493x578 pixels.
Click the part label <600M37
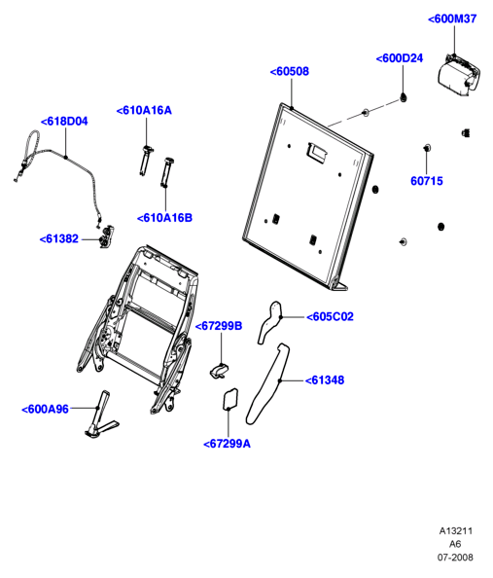(x=452, y=18)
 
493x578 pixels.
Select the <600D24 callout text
(x=400, y=58)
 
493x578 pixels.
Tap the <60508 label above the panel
(x=290, y=71)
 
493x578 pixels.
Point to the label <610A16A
(x=144, y=111)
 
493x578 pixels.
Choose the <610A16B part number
(x=164, y=218)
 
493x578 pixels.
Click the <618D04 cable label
(x=64, y=122)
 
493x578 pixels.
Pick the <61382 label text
(x=59, y=238)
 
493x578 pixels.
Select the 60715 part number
(x=427, y=181)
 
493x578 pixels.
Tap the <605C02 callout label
(x=331, y=316)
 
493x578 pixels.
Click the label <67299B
(x=219, y=326)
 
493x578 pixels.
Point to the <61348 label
(x=325, y=380)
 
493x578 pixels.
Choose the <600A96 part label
(x=46, y=409)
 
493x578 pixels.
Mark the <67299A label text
(x=227, y=444)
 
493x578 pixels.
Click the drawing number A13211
(x=456, y=531)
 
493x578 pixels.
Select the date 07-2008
(x=455, y=558)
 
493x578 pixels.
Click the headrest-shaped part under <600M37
(x=458, y=75)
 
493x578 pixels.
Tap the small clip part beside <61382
(x=107, y=236)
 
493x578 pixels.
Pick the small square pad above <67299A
(x=230, y=399)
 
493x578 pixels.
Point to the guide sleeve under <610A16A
(x=146, y=161)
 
